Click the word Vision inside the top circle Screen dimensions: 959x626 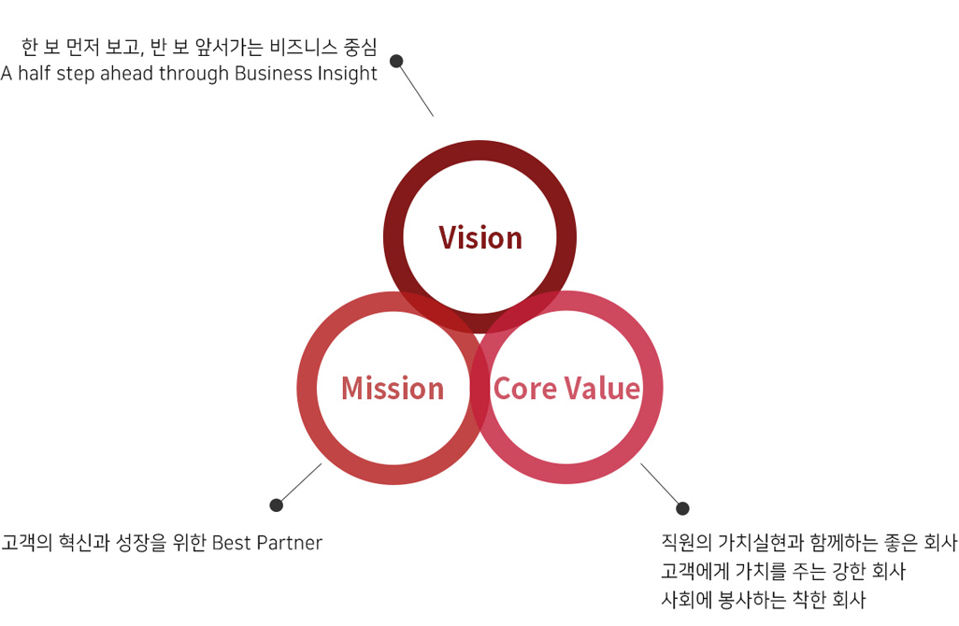480,238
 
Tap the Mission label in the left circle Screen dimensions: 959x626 393,389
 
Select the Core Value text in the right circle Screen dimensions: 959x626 567,389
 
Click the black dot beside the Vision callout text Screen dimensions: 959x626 396,61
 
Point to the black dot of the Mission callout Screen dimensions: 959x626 277,505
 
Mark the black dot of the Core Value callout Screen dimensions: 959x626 682,508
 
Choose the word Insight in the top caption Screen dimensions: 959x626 347,74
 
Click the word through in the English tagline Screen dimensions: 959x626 193,74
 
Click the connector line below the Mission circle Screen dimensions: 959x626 300,483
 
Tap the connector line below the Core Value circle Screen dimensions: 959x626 661,484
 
